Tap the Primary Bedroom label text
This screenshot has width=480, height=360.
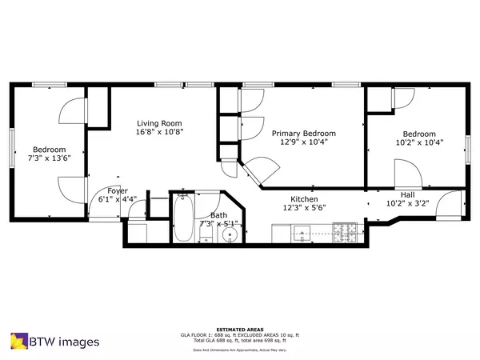click(x=303, y=134)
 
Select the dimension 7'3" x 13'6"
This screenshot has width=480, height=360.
click(x=49, y=159)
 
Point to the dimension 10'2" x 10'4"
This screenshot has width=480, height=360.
click(x=419, y=143)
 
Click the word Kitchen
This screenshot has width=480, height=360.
click(x=304, y=198)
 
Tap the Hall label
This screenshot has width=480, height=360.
click(x=407, y=194)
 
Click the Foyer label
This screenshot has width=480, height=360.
click(x=118, y=190)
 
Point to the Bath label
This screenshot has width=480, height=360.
click(x=218, y=215)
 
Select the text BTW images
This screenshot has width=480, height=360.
click(x=66, y=342)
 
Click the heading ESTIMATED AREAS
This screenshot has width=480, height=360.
click(x=240, y=327)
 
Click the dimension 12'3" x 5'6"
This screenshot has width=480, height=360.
click(x=304, y=207)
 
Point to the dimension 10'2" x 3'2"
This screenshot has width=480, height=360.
click(x=407, y=203)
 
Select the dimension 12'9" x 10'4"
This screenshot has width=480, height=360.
click(x=303, y=143)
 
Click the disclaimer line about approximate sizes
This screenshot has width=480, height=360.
click(x=240, y=350)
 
